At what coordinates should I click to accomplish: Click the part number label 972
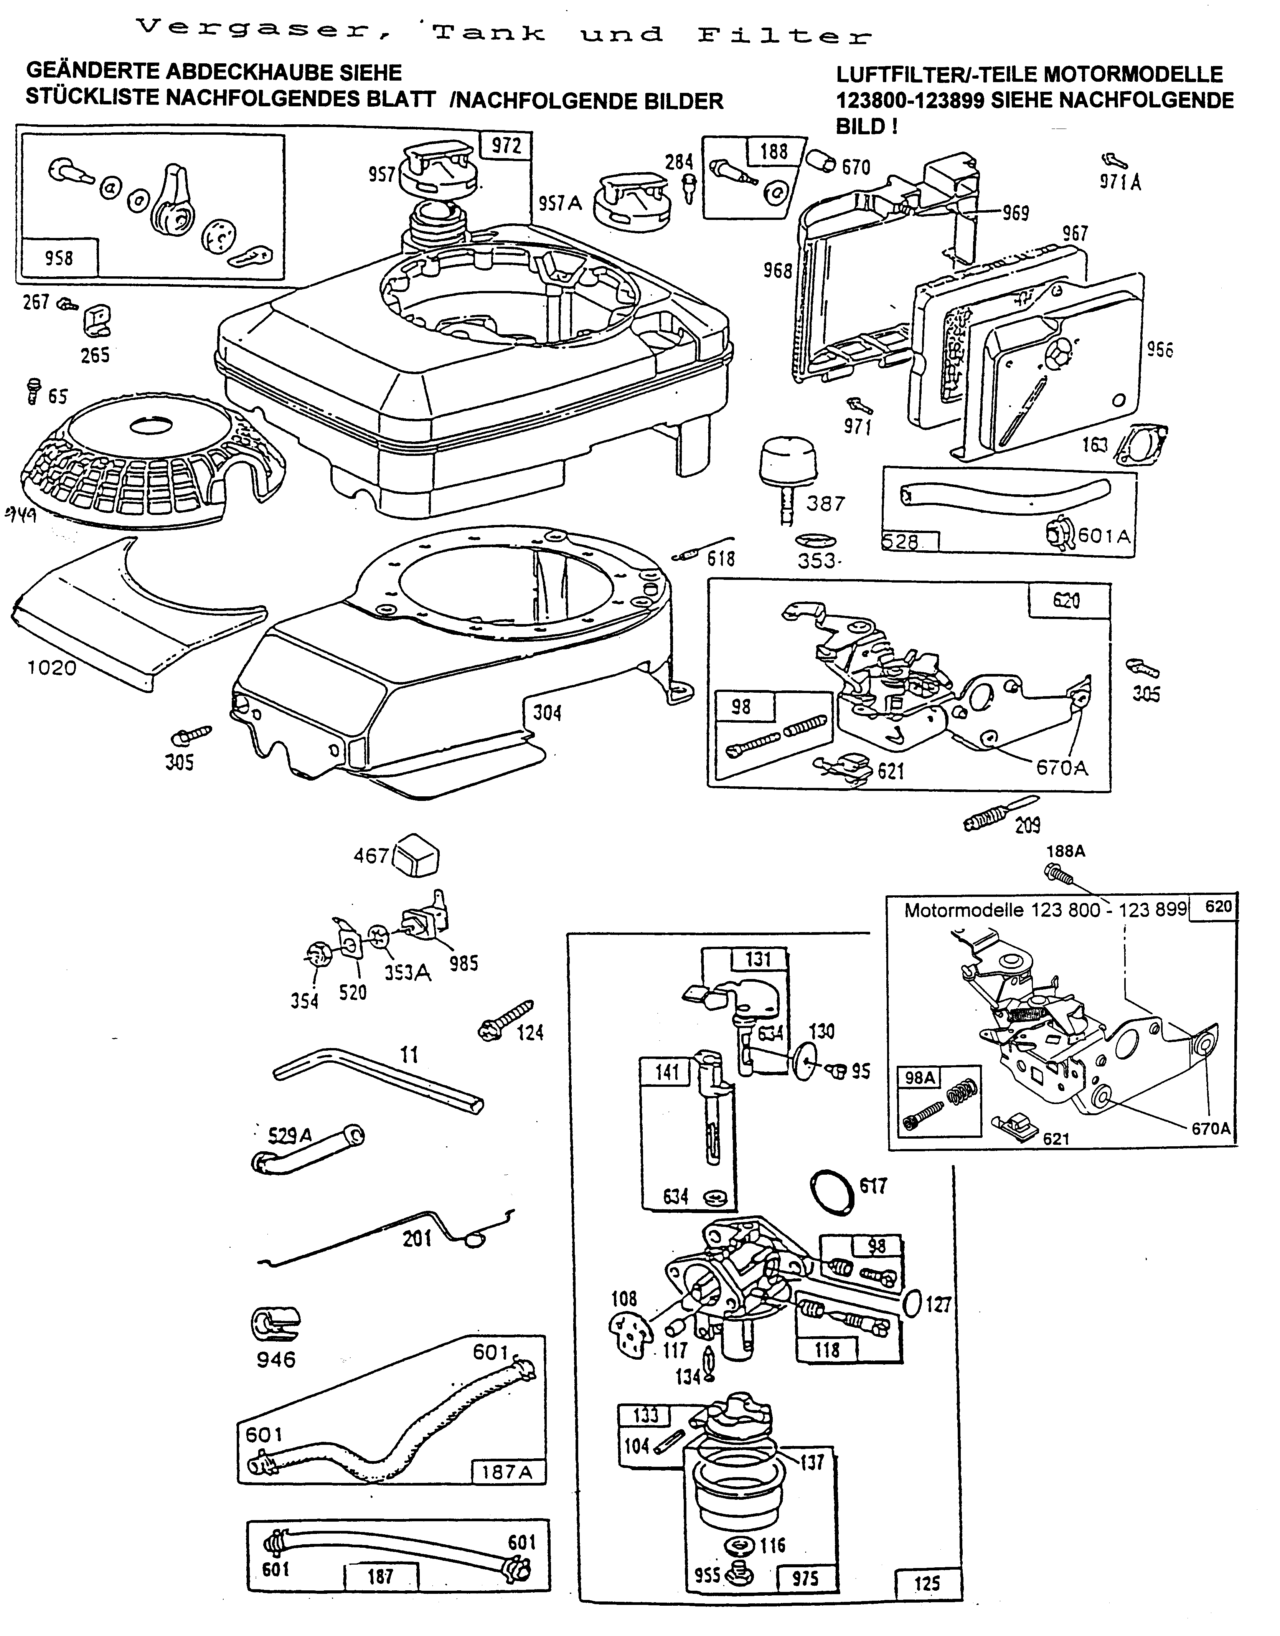pos(506,145)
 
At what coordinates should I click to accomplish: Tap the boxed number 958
pos(59,258)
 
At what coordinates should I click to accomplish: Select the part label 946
pos(276,1359)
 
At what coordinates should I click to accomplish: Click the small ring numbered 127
pos(912,1303)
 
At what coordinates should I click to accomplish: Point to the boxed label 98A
pos(920,1078)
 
